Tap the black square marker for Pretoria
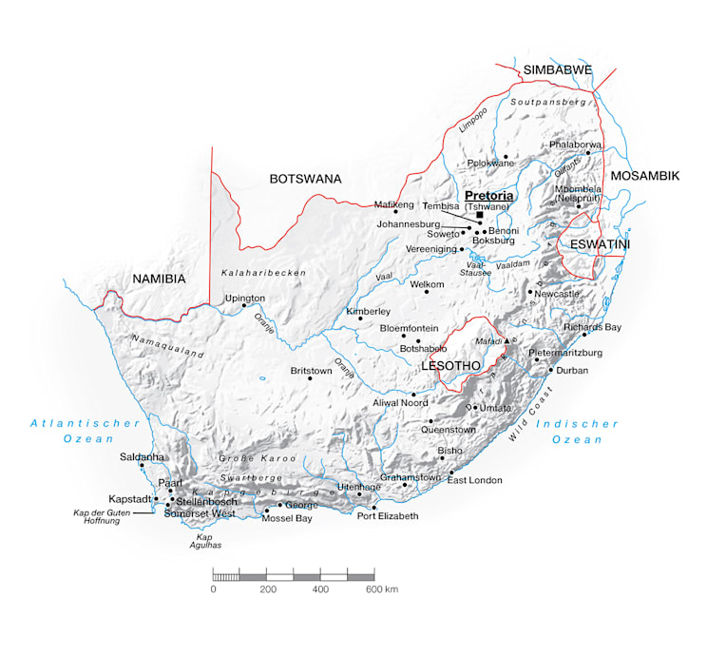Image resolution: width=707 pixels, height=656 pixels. tap(479, 215)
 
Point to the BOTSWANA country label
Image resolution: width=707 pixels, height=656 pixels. tap(305, 179)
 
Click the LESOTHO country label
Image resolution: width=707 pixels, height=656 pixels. tap(449, 365)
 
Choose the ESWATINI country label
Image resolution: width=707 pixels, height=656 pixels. tap(601, 244)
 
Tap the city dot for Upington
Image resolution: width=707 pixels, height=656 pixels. tap(243, 306)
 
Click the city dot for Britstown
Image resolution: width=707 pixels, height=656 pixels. tap(310, 378)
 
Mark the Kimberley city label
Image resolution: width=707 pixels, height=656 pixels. tap(369, 311)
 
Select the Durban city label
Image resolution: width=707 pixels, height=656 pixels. tap(573, 370)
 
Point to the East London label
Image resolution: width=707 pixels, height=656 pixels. tap(474, 480)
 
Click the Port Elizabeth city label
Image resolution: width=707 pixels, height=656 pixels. tap(387, 516)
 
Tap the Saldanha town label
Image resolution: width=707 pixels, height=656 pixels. tap(142, 457)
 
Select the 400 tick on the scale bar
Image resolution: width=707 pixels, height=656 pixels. tap(320, 589)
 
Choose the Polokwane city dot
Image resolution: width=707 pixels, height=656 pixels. tap(506, 156)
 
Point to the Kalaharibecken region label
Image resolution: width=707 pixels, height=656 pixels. tap(264, 273)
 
